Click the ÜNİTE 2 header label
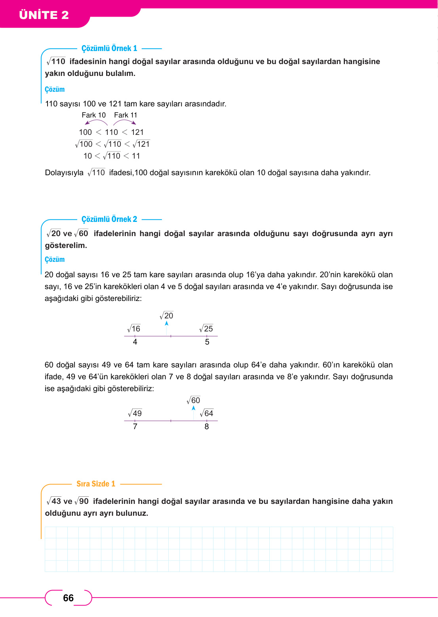pyautogui.click(x=44, y=15)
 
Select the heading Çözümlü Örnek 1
pyautogui.click(x=109, y=48)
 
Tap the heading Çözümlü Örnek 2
pyautogui.click(x=109, y=219)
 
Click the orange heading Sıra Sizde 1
pyautogui.click(x=96, y=484)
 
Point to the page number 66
pyautogui.click(x=69, y=598)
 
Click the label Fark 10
pyautogui.click(x=93, y=115)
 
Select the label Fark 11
pyautogui.click(x=126, y=115)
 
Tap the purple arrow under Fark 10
pyautogui.click(x=96, y=122)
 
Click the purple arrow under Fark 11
pyautogui.click(x=124, y=122)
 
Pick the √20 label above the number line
pyautogui.click(x=166, y=316)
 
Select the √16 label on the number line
pyautogui.click(x=134, y=329)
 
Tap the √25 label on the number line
pyautogui.click(x=206, y=329)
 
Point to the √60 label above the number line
pyautogui.click(x=193, y=400)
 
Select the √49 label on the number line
pyautogui.click(x=135, y=413)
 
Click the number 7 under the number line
pyautogui.click(x=135, y=426)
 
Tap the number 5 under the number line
pyautogui.click(x=207, y=342)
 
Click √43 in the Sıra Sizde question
pyautogui.click(x=54, y=501)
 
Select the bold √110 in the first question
pyautogui.click(x=56, y=61)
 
